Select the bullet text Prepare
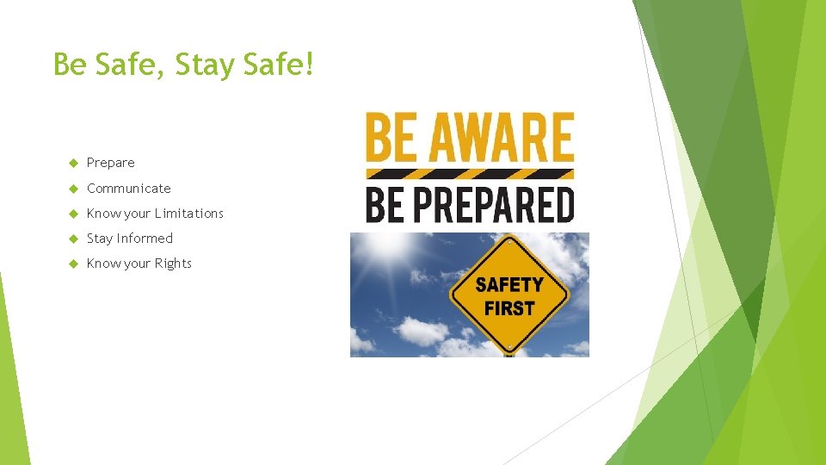[x=111, y=163]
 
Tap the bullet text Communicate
[x=129, y=188]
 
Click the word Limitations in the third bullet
[x=189, y=213]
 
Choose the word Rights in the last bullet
[x=173, y=263]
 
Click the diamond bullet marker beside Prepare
[x=73, y=163]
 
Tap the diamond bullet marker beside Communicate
[x=73, y=188]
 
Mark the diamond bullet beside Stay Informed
[x=73, y=239]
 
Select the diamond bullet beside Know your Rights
[x=73, y=263]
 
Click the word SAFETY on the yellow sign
[x=509, y=285]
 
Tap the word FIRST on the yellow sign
[x=509, y=307]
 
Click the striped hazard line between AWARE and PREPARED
[x=470, y=173]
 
